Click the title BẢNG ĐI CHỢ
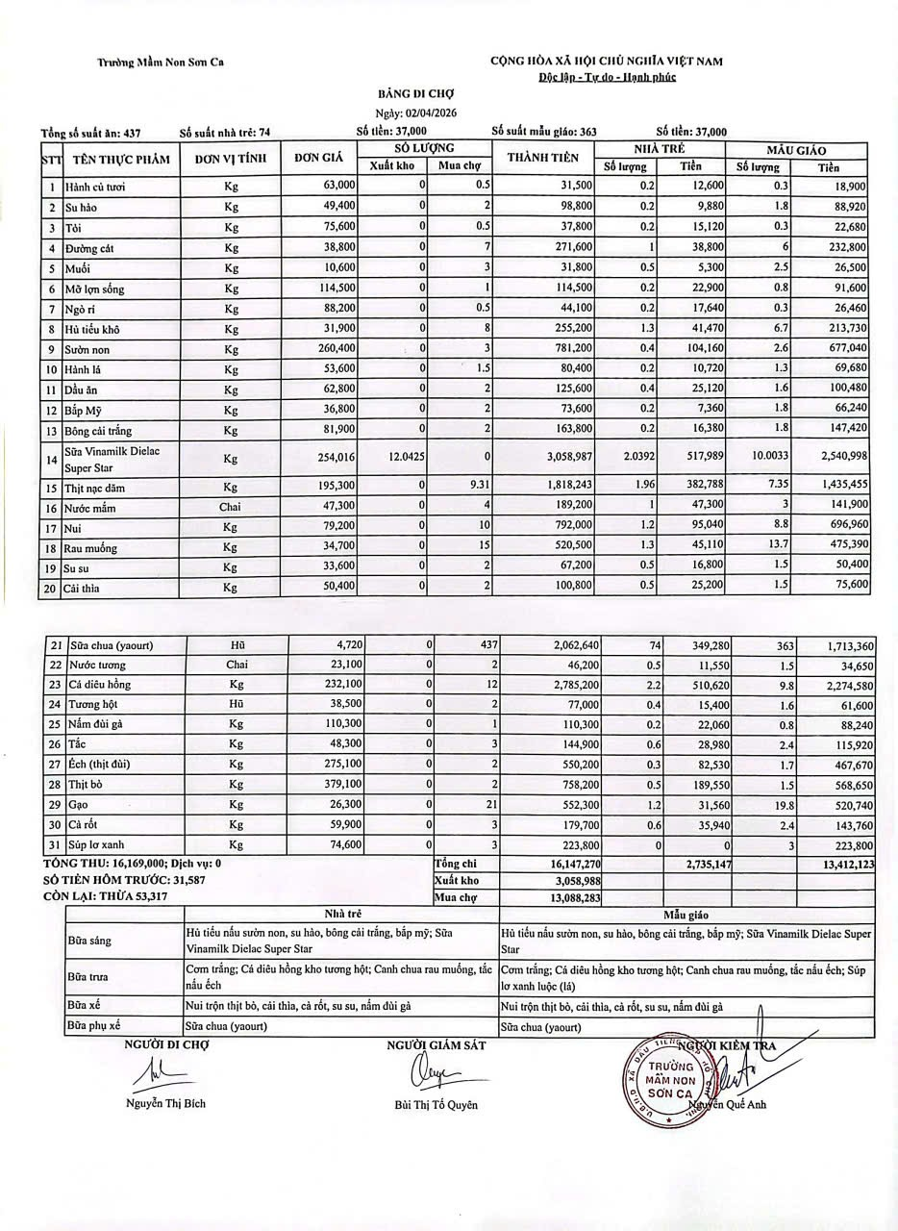pos(414,93)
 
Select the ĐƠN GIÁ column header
pos(318,158)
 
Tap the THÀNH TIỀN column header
pos(542,158)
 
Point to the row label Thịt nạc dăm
pos(96,488)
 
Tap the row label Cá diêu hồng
pos(97,685)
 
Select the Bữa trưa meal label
pos(87,977)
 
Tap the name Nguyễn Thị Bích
pos(165,1103)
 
